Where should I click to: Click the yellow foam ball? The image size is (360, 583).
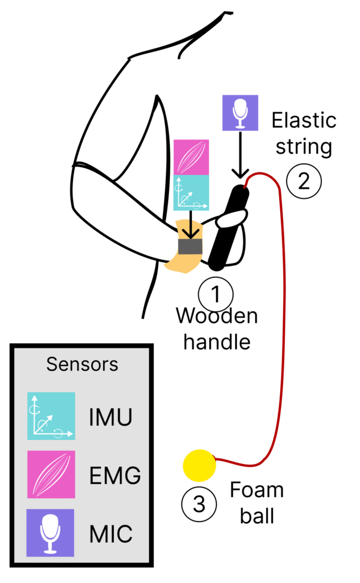199,465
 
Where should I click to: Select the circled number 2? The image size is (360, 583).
304,180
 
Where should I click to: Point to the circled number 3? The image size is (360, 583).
199,504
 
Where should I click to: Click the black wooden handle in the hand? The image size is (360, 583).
229,227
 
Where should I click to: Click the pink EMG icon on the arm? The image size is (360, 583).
191,157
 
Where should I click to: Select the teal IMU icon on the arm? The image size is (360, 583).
191,192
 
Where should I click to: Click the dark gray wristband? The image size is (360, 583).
190,246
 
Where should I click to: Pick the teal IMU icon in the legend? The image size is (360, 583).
51,416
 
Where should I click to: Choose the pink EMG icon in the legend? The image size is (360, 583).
51,474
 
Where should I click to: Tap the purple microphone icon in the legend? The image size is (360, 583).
51,532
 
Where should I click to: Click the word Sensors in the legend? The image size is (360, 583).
82,364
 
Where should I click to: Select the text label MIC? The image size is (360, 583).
111,534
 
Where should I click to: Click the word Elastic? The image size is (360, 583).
304,121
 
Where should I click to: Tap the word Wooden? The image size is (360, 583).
216,316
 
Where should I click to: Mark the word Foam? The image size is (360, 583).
257,490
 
